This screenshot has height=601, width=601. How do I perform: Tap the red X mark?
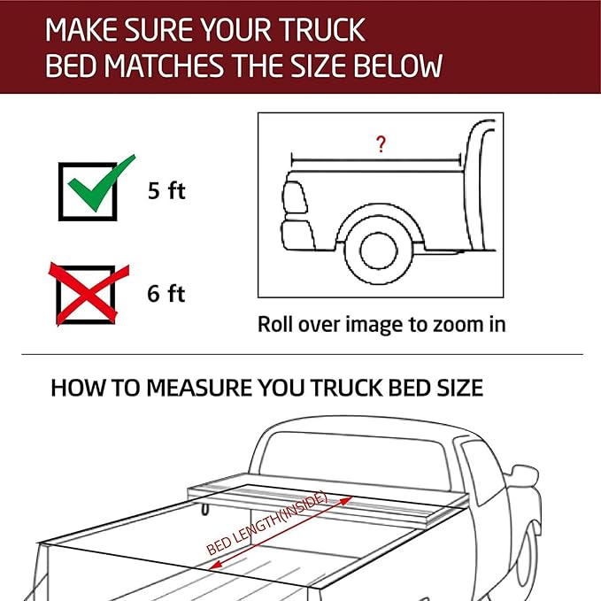tap(89, 292)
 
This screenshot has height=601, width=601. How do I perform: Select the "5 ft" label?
tap(166, 190)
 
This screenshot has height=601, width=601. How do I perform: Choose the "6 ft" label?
tap(166, 293)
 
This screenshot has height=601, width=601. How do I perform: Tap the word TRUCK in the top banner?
tap(321, 30)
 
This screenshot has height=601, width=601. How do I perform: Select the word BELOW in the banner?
tap(398, 66)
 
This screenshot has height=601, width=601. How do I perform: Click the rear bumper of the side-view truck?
tap(297, 235)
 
